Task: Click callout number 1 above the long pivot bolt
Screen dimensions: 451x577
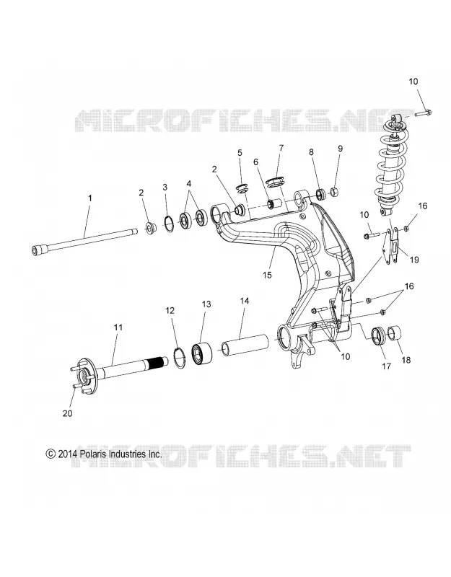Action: [x=90, y=198]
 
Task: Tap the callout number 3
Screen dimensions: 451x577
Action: [x=165, y=187]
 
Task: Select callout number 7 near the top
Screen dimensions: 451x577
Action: [x=281, y=149]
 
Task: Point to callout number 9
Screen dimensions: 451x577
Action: [x=340, y=149]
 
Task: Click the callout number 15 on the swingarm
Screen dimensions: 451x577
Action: [x=267, y=275]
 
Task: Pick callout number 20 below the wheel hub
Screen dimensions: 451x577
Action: [x=67, y=413]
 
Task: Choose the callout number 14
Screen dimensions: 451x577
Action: [x=245, y=301]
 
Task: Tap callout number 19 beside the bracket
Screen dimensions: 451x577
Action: [x=414, y=260]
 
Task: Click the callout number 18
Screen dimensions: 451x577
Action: [x=406, y=360]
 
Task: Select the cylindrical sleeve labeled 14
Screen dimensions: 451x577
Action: [x=245, y=344]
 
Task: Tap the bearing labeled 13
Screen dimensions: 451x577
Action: [x=202, y=355]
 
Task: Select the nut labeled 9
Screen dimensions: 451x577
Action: [x=335, y=192]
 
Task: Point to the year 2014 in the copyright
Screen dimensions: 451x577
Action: [x=66, y=454]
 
